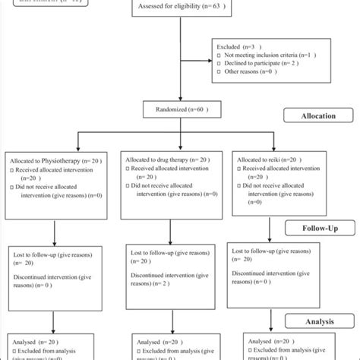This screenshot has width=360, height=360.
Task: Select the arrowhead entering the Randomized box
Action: coord(180,101)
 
